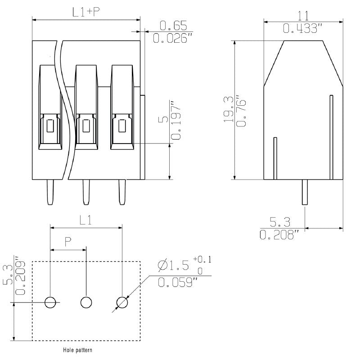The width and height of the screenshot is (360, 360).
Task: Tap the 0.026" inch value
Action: tap(171, 39)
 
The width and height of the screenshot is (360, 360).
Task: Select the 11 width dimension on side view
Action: tap(303, 16)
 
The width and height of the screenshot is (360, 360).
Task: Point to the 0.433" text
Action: tap(303, 28)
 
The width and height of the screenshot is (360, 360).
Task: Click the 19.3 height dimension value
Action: tap(229, 110)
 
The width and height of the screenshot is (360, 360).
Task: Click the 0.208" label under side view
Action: tap(279, 234)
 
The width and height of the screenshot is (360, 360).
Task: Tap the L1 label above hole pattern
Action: tap(86, 220)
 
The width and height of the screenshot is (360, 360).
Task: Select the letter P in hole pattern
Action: tap(68, 242)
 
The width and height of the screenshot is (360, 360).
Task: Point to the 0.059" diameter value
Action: tap(178, 283)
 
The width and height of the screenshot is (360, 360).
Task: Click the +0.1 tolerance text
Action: tap(202, 259)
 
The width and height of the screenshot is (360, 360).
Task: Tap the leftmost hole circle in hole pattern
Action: tap(50, 302)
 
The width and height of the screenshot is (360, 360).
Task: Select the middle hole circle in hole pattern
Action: tap(86, 302)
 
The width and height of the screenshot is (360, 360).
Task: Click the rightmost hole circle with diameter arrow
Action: tap(122, 302)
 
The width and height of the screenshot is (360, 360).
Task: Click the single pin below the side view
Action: tap(305, 193)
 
